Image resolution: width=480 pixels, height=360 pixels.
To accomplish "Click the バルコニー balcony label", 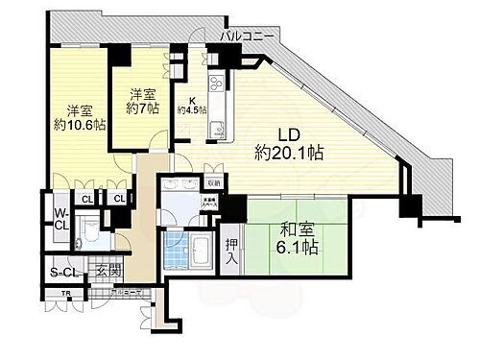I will pyautogui.click(x=249, y=36).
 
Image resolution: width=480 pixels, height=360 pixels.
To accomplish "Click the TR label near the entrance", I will pyautogui.click(x=67, y=293).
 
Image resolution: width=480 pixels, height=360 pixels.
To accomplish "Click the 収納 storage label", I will pyautogui.click(x=212, y=182).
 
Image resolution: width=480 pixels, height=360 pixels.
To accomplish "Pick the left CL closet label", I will pyautogui.click(x=85, y=199).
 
